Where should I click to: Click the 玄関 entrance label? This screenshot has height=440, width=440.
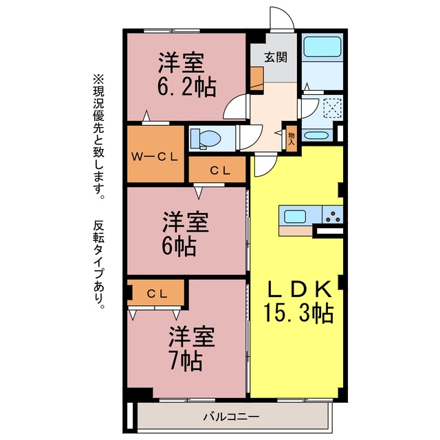pyautogui.click(x=276, y=57)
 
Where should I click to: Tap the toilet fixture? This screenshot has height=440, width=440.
pyautogui.click(x=206, y=138)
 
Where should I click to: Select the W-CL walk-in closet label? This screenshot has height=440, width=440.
pyautogui.click(x=155, y=157)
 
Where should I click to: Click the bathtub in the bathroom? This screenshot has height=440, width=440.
pyautogui.click(x=322, y=47)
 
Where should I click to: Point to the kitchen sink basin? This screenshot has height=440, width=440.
pyautogui.click(x=295, y=217)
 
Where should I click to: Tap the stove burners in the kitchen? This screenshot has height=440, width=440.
pyautogui.click(x=333, y=216)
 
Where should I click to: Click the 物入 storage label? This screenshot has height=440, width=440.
pyautogui.click(x=291, y=138)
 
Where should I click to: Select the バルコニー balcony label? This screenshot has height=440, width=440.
pyautogui.click(x=231, y=417)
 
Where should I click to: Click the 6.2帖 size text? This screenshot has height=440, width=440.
pyautogui.click(x=186, y=87)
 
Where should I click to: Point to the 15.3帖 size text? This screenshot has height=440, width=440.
pyautogui.click(x=298, y=313)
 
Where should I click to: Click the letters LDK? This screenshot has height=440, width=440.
pyautogui.click(x=300, y=289)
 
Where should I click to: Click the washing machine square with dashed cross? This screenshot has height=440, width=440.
pyautogui.click(x=333, y=108)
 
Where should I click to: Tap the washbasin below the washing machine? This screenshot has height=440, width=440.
pyautogui.click(x=316, y=135)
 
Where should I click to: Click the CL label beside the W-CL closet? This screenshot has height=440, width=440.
pyautogui.click(x=220, y=170)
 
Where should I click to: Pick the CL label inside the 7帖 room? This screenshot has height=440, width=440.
pyautogui.click(x=157, y=294)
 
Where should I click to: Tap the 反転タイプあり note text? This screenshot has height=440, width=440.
pyautogui.click(x=98, y=265)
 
